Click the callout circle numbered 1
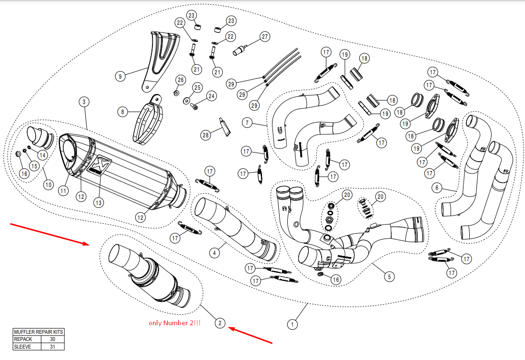tap(292, 324)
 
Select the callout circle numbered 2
tap(220, 323)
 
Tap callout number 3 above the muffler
tap(84, 102)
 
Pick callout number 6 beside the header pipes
tap(436, 188)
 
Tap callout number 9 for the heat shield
tap(120, 75)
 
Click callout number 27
tap(264, 37)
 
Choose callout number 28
tap(205, 135)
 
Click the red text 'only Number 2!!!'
tap(174, 323)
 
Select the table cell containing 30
tap(52, 339)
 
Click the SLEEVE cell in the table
tap(27, 347)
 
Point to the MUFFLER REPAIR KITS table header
tap(38, 332)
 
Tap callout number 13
tap(99, 202)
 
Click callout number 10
tap(48, 184)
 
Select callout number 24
tap(211, 96)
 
